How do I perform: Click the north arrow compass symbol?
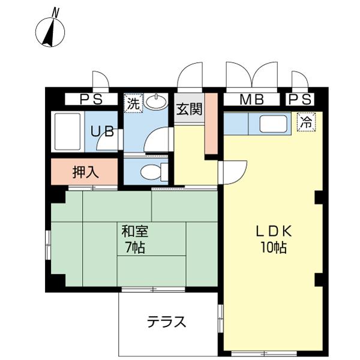(x=50, y=32)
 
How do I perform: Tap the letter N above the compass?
(x=55, y=13)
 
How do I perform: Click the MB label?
(x=251, y=100)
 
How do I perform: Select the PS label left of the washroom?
(x=91, y=100)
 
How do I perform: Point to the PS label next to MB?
(x=300, y=100)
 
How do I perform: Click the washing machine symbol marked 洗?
(x=133, y=103)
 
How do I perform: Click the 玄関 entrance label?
(x=189, y=109)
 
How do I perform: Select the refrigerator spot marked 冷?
(x=307, y=122)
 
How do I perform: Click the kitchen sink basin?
(x=273, y=124)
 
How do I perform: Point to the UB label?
(x=102, y=131)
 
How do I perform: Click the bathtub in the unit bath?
(x=68, y=131)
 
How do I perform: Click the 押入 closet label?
(x=85, y=172)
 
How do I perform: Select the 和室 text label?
(x=135, y=231)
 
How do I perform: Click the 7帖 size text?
(x=135, y=247)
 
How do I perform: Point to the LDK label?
(x=274, y=231)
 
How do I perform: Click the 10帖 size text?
(x=274, y=247)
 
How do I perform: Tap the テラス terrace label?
(x=166, y=322)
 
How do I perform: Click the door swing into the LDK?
(x=232, y=172)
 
